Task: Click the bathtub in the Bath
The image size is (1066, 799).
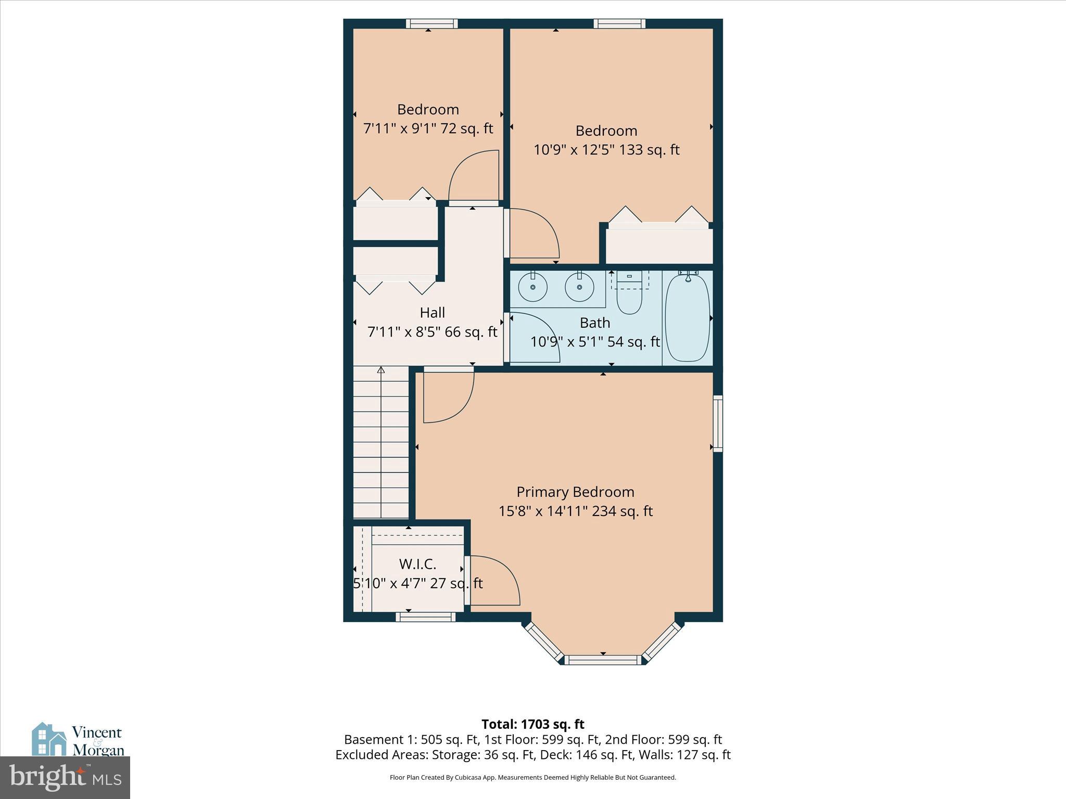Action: point(687,318)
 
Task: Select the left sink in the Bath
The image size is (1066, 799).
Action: point(532,287)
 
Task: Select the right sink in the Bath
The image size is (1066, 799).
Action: point(579,287)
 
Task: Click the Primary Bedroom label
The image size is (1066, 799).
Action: point(575,492)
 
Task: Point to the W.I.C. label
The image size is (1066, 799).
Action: point(417,564)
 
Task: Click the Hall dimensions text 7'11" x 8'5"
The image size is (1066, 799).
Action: point(432,332)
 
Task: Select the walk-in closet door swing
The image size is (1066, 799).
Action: point(492,581)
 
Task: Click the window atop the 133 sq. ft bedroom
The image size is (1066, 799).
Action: point(619,23)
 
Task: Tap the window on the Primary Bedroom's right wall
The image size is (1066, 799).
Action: point(718,423)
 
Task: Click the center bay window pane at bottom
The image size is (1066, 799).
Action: point(604,660)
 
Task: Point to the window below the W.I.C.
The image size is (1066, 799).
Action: point(426,617)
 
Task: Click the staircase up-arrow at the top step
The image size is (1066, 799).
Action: point(381,370)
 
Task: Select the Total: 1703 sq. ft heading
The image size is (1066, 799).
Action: point(532,724)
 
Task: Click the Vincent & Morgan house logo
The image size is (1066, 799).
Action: point(49,739)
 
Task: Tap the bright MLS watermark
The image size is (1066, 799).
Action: point(65,778)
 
